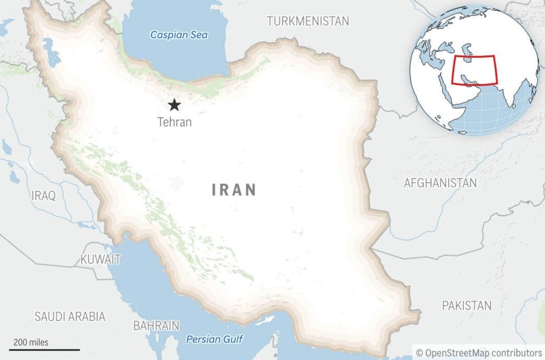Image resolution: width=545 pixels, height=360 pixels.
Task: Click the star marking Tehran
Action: (174, 106)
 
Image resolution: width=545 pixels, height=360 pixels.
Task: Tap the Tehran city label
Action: (174, 122)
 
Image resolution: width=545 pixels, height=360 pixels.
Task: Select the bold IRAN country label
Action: (234, 190)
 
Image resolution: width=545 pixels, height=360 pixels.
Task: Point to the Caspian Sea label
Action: (179, 35)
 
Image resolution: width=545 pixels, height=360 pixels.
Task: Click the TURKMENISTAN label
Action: (307, 21)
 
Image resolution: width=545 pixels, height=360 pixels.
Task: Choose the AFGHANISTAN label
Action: (440, 183)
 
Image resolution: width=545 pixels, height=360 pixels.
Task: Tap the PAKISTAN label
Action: (467, 306)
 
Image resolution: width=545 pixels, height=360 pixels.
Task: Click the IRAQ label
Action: (43, 196)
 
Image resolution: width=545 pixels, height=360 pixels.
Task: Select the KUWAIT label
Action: (101, 259)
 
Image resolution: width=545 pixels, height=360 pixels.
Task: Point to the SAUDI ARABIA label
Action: (70, 316)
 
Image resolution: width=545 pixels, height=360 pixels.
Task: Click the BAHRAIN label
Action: (156, 326)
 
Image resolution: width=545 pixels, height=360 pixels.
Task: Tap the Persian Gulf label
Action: (215, 340)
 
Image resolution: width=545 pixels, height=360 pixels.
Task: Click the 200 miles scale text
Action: (31, 343)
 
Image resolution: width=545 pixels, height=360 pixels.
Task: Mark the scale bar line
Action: (44, 350)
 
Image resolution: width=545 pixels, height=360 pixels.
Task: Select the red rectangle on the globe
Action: (475, 70)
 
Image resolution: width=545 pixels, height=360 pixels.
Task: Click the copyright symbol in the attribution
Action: (419, 353)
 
